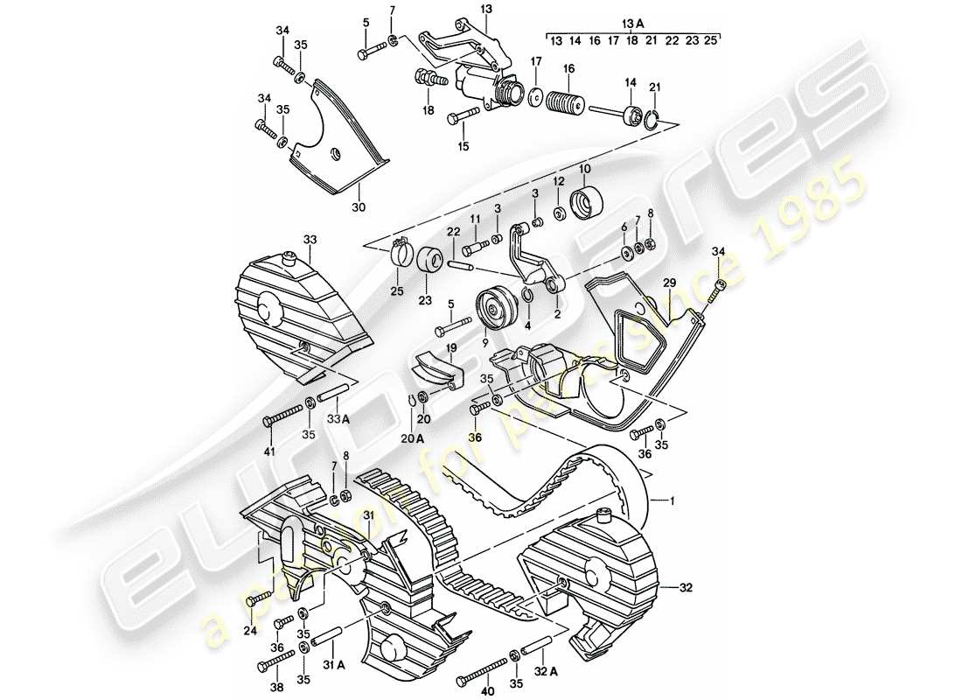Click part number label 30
point(334,207)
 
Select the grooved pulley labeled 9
point(496,309)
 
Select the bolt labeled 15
point(464,116)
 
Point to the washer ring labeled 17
point(536,94)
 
